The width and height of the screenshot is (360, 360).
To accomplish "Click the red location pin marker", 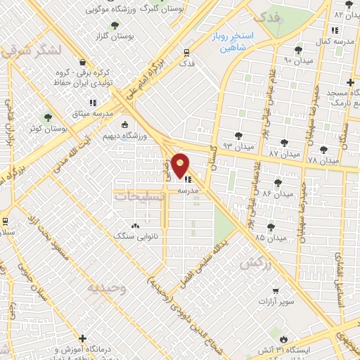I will pos(181,166).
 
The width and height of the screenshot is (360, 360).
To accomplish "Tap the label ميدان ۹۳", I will pos(237,146).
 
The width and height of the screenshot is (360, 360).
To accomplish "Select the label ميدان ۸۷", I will pos(284,153).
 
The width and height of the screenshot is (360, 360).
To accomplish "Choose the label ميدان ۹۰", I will pos(297,60).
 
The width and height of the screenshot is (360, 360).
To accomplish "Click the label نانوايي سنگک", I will pos(143,238).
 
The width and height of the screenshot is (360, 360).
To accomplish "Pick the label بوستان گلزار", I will pos(116,36).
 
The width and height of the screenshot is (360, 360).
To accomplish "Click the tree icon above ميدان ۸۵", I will pos(271,226).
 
